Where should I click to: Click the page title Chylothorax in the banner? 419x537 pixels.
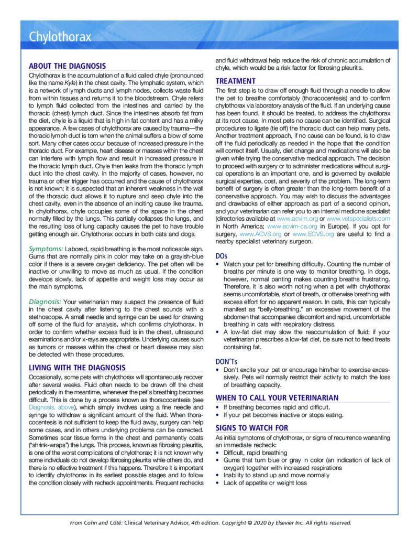point(60,37)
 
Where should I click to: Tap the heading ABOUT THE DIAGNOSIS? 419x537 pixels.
point(67,66)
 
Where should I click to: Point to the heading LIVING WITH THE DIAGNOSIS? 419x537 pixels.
point(77,368)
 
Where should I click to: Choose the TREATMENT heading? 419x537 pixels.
point(236,81)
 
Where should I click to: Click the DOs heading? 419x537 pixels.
point(222,255)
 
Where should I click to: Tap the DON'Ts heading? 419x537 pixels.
point(226,361)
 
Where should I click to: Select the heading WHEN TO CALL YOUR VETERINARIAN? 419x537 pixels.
point(277,398)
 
